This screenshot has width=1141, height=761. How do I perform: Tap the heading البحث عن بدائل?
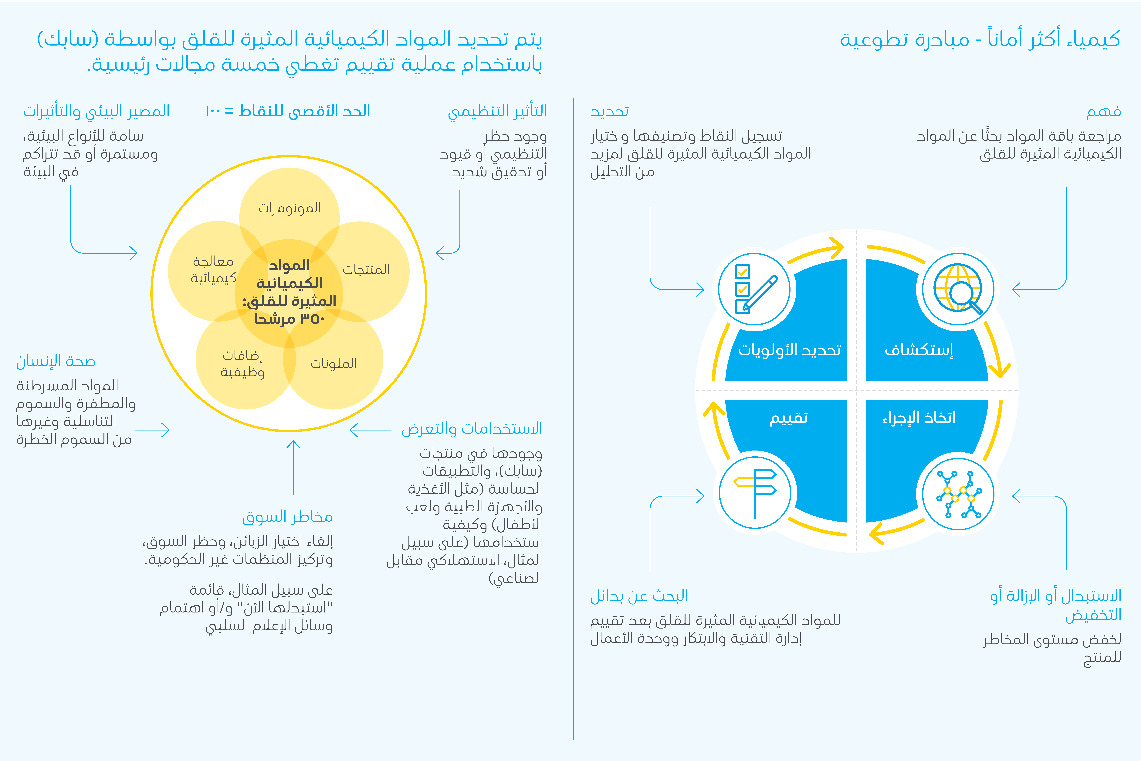[639, 595]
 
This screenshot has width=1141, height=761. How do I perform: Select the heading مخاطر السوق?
[287, 516]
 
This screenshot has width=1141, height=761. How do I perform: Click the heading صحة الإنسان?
[56, 361]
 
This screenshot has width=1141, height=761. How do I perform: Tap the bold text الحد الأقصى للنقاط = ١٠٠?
[288, 111]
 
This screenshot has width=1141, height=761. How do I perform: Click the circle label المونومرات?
[289, 208]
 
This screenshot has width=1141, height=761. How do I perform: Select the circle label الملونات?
[334, 363]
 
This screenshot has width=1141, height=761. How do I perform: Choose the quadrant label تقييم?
[789, 417]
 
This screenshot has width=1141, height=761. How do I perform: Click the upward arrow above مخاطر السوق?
[293, 466]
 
